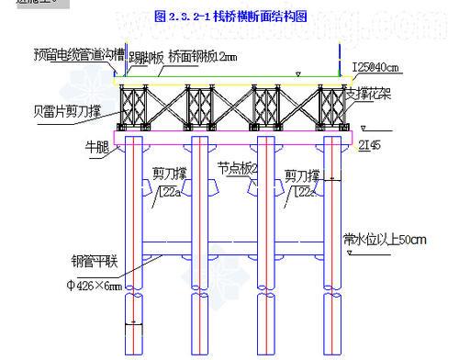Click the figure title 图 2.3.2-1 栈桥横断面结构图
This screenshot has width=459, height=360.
(230, 16)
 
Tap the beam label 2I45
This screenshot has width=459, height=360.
(370, 145)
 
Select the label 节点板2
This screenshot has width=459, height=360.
(238, 168)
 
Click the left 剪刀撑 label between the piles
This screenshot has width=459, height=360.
(170, 173)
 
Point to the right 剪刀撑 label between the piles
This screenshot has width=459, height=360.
(302, 174)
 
